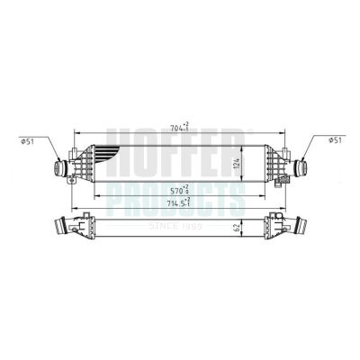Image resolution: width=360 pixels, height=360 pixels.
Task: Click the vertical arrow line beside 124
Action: click(245, 165)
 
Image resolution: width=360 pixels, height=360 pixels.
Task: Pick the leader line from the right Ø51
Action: click(305, 148)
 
